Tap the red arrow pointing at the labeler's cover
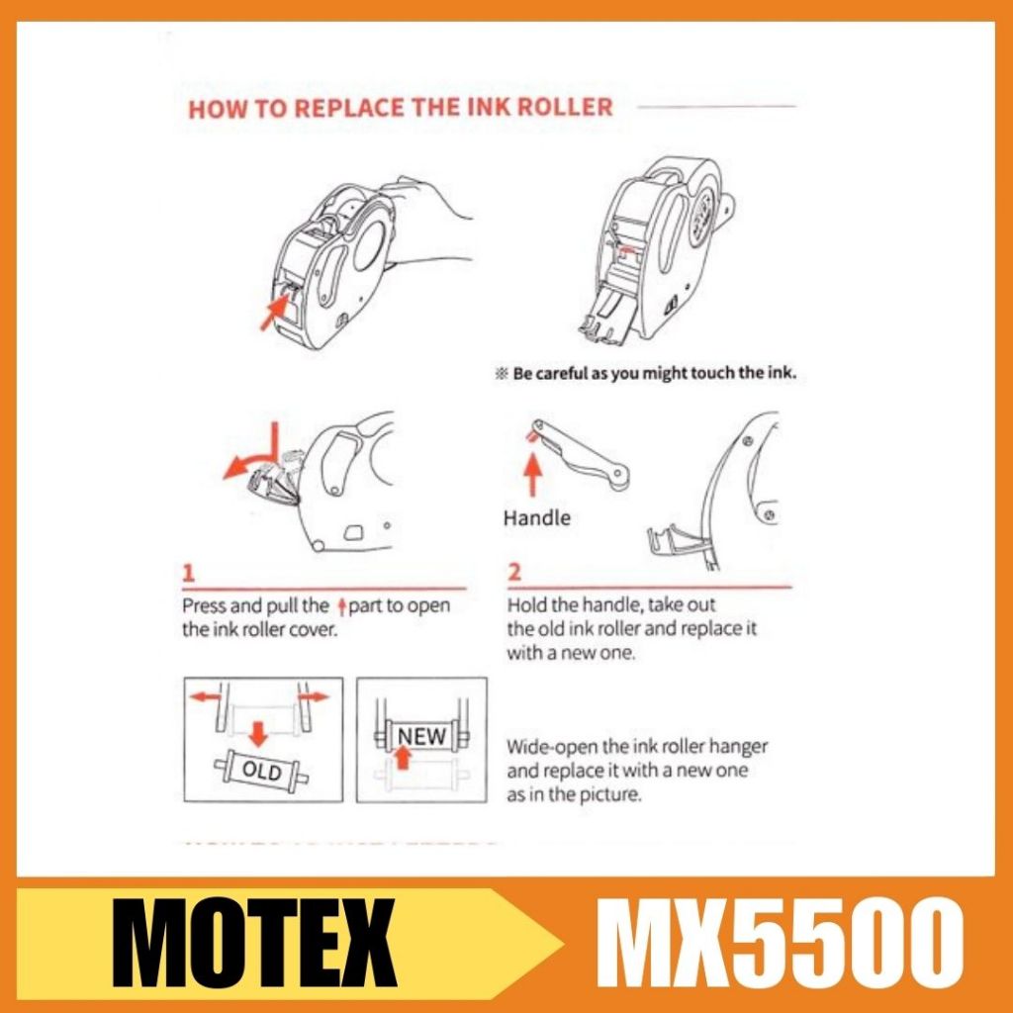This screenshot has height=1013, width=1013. pyautogui.click(x=273, y=312)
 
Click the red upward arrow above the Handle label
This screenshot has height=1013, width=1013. pyautogui.click(x=532, y=474)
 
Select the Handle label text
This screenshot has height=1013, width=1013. pyautogui.click(x=537, y=518)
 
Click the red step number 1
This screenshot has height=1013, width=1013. pyautogui.click(x=188, y=573)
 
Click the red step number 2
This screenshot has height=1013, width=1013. pyautogui.click(x=514, y=573)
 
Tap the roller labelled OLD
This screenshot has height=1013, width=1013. pyautogui.click(x=261, y=770)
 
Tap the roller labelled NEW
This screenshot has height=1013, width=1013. pyautogui.click(x=421, y=736)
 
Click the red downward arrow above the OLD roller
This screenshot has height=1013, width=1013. pyautogui.click(x=258, y=734)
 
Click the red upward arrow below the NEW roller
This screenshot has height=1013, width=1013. pyautogui.click(x=404, y=757)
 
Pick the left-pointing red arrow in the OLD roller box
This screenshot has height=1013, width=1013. pyautogui.click(x=206, y=696)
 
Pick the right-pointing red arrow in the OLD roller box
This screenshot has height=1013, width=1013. pyautogui.click(x=315, y=696)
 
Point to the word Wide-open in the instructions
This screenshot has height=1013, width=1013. pyautogui.click(x=552, y=748)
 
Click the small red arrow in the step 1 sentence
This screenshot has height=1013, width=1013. pyautogui.click(x=342, y=606)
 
